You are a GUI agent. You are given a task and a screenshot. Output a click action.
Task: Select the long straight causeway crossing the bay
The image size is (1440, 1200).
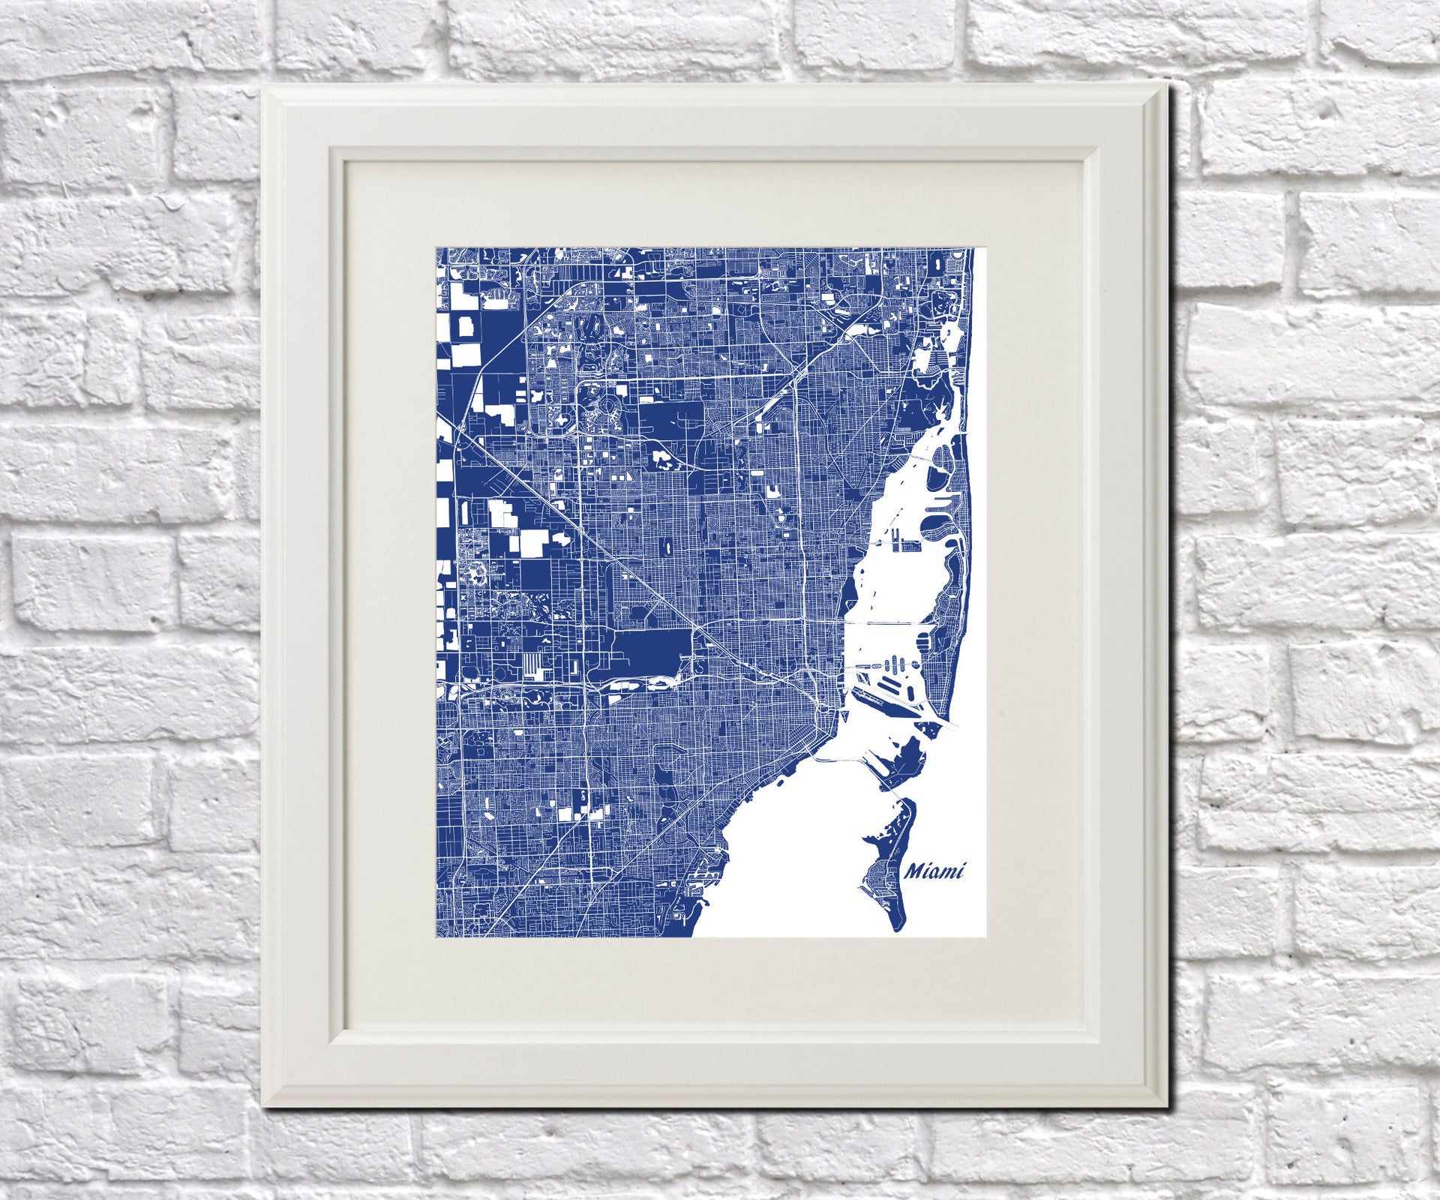[889, 623]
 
